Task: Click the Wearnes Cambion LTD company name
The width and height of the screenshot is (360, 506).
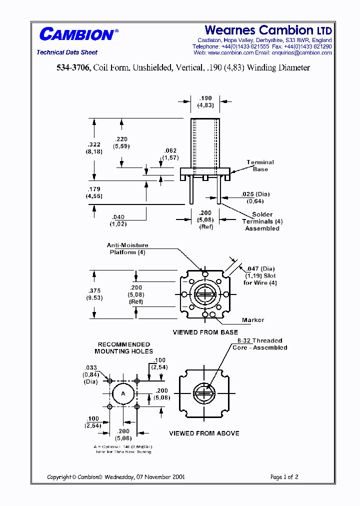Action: pos(268,30)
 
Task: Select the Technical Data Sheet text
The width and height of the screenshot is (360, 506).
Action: pos(67,52)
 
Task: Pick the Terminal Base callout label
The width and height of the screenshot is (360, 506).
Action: pos(260,165)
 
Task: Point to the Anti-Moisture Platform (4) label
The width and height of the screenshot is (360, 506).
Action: pos(127,249)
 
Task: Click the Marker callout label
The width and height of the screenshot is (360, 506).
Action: pos(252,320)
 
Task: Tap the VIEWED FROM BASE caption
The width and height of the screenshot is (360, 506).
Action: pos(205,332)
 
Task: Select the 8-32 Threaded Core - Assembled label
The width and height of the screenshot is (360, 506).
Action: pos(259,344)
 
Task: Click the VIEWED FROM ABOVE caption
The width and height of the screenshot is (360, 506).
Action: pos(204,433)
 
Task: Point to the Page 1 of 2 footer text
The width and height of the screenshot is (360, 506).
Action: pos(284,477)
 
